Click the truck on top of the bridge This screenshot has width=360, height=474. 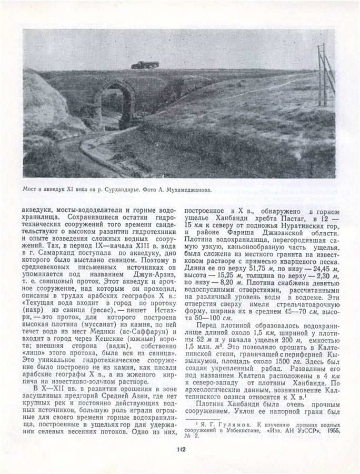(145, 65)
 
